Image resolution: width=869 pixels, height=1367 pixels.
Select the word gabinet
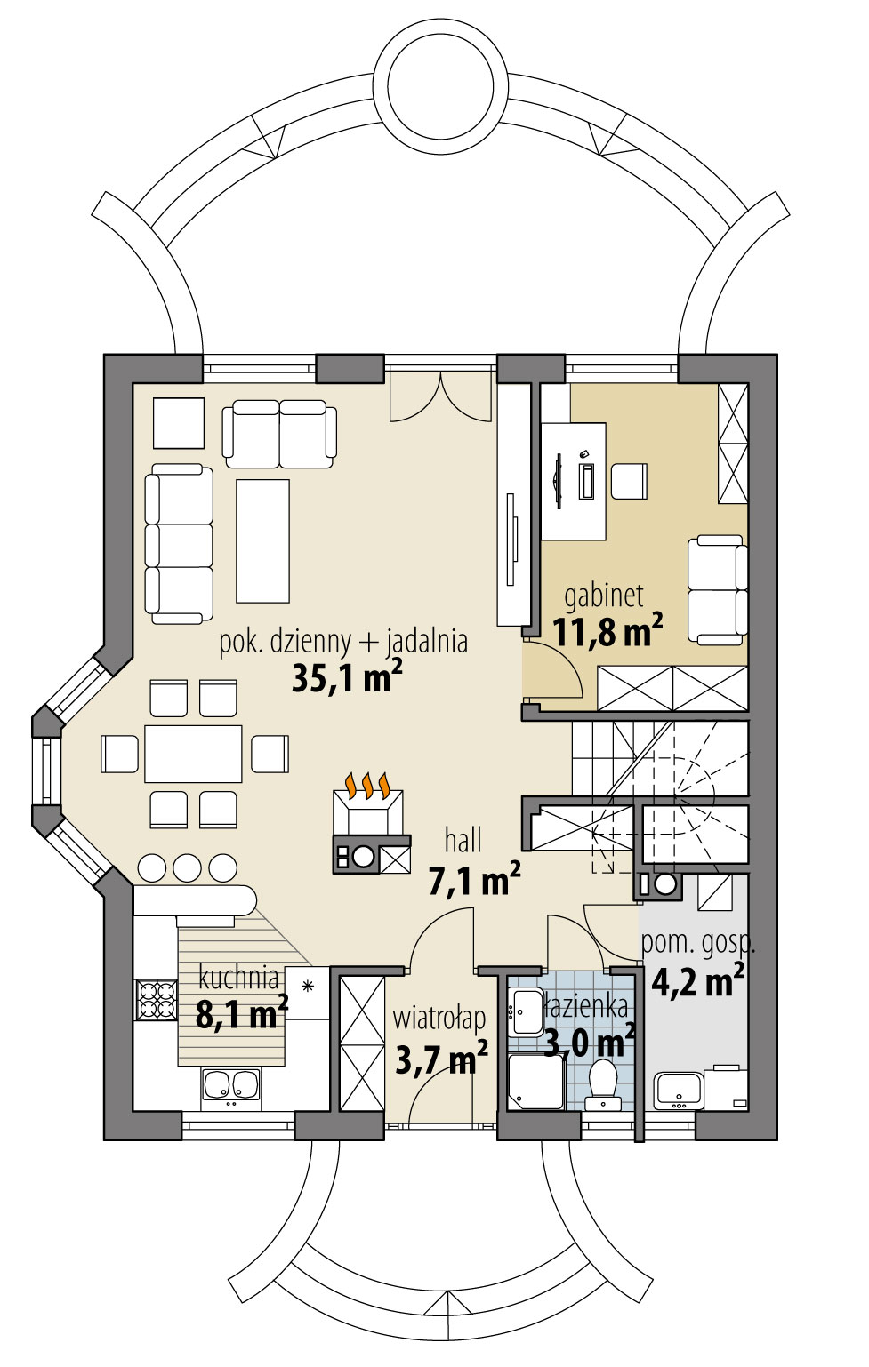click(603, 596)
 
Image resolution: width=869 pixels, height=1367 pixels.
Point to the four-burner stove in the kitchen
click(156, 999)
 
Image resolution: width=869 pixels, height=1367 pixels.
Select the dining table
click(193, 754)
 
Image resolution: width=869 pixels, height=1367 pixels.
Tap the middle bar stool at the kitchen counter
click(187, 867)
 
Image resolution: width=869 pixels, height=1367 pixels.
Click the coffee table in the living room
click(262, 540)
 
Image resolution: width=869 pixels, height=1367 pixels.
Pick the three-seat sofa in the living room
click(179, 542)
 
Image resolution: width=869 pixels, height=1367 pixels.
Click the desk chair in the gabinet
click(628, 481)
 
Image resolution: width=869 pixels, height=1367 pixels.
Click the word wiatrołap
click(439, 1019)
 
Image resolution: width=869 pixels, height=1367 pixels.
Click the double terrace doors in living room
click(440, 396)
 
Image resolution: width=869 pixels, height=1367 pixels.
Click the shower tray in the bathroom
click(535, 1082)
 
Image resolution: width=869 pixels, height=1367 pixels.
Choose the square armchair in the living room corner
click(179, 423)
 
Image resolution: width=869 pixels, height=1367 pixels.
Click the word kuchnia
click(238, 978)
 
